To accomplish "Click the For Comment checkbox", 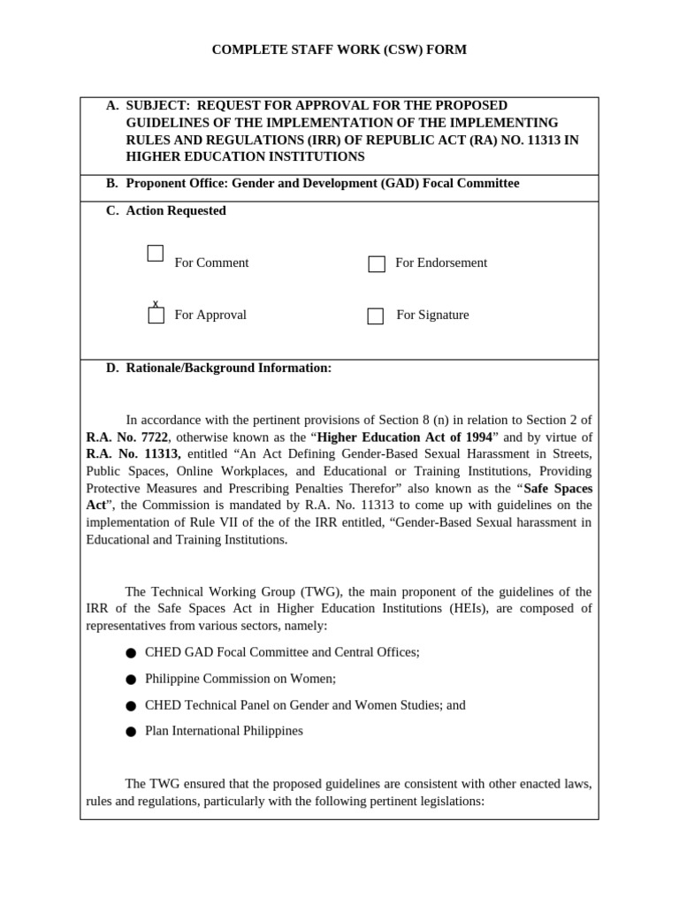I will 156,254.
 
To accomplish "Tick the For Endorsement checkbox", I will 377,263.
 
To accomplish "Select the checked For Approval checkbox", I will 156,316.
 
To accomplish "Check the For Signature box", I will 376,316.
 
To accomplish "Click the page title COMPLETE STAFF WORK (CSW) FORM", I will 339,50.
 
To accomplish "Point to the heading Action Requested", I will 176,210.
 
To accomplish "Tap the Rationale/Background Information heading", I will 229,368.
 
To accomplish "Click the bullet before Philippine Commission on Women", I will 131,680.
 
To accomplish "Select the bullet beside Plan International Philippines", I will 131,732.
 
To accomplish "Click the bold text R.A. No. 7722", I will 126,437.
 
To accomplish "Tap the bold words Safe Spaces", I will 558,488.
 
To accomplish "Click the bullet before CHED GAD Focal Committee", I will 131,653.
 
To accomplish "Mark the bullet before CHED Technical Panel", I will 131,706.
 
